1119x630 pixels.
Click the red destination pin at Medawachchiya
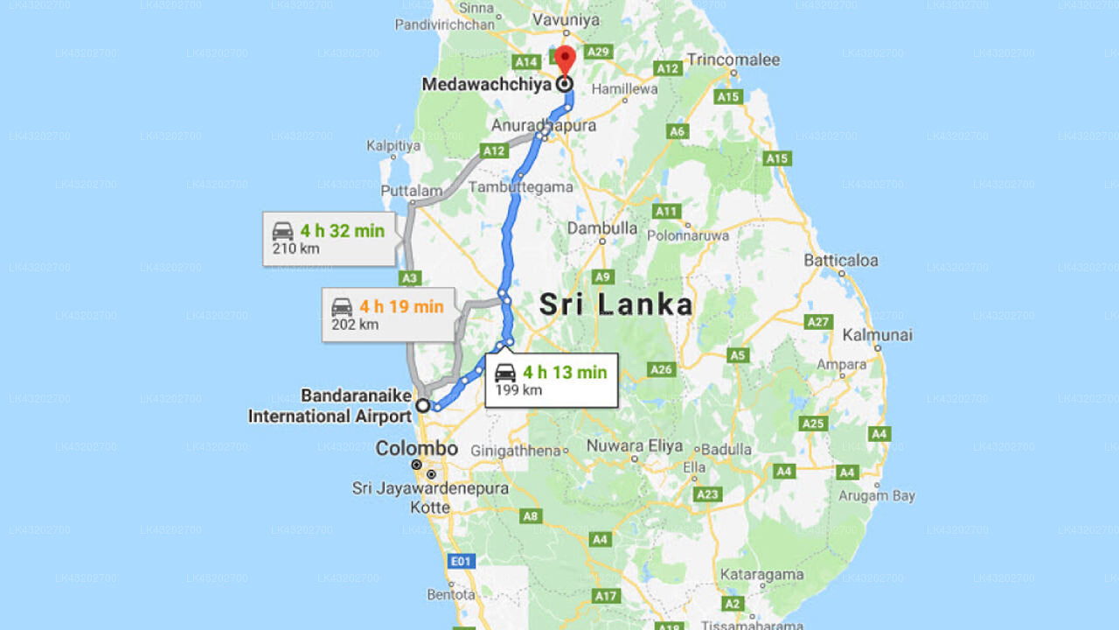[x=565, y=60]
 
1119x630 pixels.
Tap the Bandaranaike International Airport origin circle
[x=423, y=405]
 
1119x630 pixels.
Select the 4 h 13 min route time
[x=565, y=372]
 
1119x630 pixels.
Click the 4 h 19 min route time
[x=401, y=306]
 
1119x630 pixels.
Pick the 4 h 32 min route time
[x=342, y=231]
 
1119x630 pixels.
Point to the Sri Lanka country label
[x=616, y=304]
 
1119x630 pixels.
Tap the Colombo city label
[x=416, y=449]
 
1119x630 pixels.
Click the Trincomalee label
[x=733, y=59]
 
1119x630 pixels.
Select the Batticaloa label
[x=841, y=260]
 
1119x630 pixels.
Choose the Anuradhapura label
[x=543, y=125]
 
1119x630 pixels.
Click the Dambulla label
[x=602, y=227]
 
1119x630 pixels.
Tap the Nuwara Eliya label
[x=635, y=445]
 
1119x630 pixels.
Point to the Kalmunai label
[x=877, y=334]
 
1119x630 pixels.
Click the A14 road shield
[x=526, y=61]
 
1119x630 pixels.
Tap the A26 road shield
[x=661, y=369]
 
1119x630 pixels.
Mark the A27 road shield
[x=818, y=322]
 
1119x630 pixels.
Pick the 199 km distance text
[x=518, y=389]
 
